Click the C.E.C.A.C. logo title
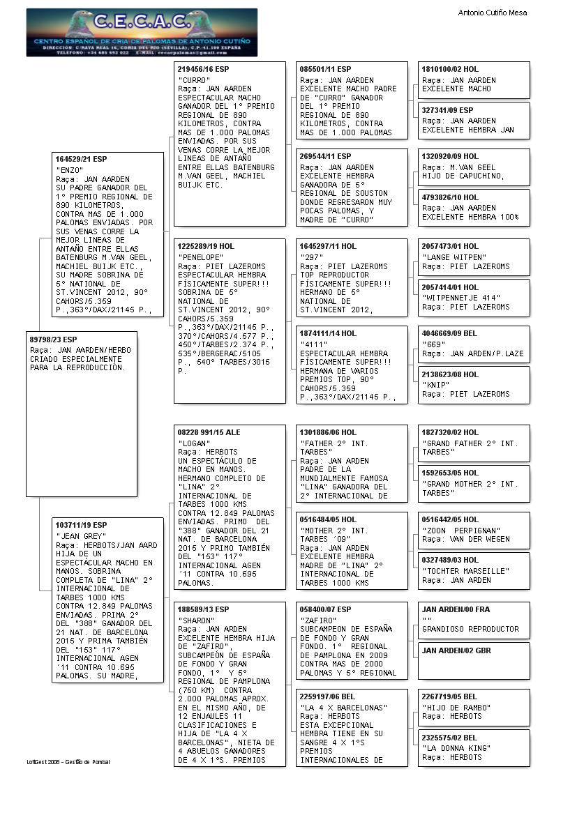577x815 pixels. tap(142, 22)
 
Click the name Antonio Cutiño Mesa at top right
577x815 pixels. tap(492, 13)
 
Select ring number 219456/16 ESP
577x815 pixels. tap(203, 70)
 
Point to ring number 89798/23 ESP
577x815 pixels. tap(54, 340)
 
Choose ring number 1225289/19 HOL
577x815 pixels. tap(206, 247)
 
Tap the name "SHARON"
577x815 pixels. tap(197, 620)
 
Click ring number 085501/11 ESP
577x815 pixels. tap(325, 70)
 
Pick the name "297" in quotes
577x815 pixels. tap(311, 257)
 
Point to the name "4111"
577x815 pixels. tap(313, 344)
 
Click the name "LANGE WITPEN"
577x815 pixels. tap(454, 257)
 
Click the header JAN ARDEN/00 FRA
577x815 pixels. tap(455, 609)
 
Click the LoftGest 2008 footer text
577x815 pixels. tap(68, 761)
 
